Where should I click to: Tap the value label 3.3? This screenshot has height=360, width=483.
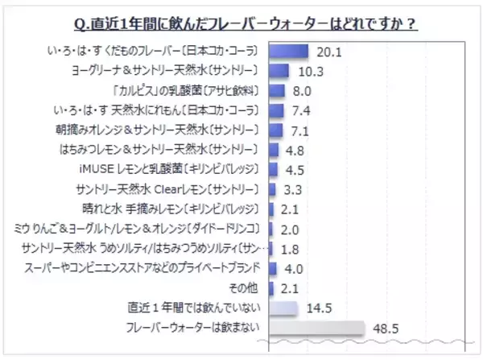tap(295, 189)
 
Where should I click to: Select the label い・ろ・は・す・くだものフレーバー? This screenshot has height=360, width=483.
tap(153, 52)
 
